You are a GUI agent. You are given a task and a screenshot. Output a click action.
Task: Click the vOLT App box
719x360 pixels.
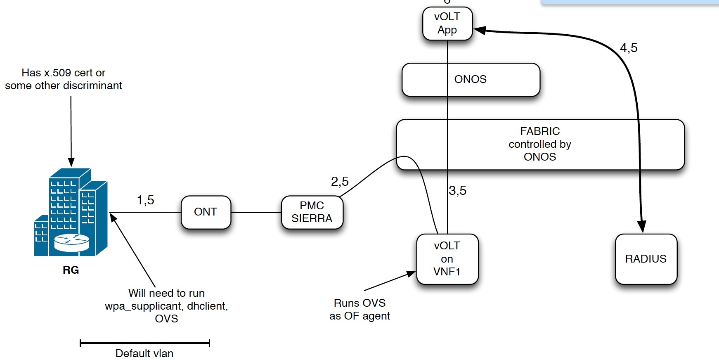(447, 24)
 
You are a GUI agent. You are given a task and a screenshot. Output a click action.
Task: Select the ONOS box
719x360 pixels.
(471, 79)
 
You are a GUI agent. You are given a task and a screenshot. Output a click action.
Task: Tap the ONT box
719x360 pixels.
(206, 212)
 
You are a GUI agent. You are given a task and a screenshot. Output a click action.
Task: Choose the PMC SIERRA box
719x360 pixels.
(312, 212)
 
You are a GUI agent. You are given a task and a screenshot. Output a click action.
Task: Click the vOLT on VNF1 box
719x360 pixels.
(447, 259)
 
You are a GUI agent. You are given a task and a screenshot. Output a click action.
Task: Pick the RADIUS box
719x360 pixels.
(646, 259)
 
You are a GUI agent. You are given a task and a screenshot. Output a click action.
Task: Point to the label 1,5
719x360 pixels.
(145, 200)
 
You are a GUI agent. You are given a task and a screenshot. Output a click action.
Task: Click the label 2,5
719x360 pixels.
(340, 181)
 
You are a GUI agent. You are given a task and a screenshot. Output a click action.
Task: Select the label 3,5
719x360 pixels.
(458, 190)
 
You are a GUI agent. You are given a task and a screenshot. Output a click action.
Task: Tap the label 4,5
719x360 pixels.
(629, 48)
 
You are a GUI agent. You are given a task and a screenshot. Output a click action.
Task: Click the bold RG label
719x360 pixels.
(71, 270)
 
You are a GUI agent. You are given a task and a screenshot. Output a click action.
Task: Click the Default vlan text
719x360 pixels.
(144, 353)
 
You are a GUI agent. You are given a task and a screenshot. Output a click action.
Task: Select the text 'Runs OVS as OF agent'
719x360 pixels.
(359, 309)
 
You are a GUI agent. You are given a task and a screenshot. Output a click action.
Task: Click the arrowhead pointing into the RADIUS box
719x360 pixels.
(641, 227)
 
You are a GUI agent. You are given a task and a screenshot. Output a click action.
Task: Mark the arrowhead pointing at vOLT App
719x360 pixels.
(479, 30)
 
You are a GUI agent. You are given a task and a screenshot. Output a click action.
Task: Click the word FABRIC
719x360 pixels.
(540, 131)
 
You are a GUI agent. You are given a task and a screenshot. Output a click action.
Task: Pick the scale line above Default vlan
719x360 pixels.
(145, 343)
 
